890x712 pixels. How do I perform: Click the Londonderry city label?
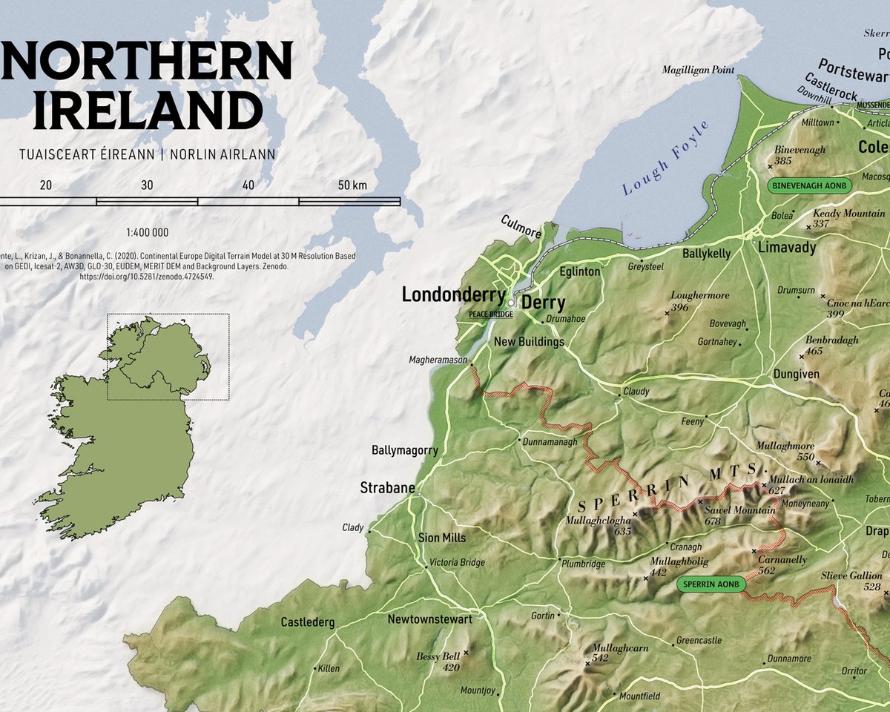(453, 294)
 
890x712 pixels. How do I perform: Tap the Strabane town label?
(387, 488)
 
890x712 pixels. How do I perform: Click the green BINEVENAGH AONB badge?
(808, 185)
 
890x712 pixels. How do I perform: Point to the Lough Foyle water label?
(666, 157)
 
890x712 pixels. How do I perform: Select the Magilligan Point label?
(699, 70)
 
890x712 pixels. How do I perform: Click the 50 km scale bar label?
(353, 185)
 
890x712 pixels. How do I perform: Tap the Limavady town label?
(786, 247)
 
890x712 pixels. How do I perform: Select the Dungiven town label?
(796, 374)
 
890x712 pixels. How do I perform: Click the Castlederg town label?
(307, 622)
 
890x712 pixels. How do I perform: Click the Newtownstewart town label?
(429, 619)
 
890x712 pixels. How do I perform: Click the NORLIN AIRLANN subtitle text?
(222, 154)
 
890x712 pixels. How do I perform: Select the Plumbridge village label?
(583, 563)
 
